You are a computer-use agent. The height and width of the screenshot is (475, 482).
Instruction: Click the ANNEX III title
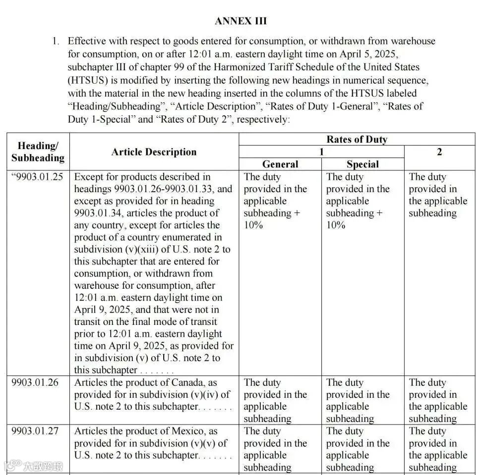(x=241, y=21)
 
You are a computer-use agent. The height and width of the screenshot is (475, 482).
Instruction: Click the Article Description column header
(x=154, y=152)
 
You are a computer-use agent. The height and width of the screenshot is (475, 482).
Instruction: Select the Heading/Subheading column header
(x=38, y=152)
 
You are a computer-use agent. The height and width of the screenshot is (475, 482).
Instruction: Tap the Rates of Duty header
(x=357, y=139)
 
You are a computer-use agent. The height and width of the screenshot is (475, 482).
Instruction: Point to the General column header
(x=280, y=164)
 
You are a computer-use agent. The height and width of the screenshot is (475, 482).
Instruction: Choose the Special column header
(x=362, y=164)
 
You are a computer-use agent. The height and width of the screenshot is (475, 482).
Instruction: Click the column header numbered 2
(x=439, y=152)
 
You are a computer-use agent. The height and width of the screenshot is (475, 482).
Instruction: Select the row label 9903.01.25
(x=38, y=177)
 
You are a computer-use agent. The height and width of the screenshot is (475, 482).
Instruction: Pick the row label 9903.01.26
(x=35, y=383)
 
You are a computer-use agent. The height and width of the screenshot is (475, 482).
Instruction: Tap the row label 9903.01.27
(x=35, y=431)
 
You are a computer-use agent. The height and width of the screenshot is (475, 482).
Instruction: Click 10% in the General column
(x=253, y=225)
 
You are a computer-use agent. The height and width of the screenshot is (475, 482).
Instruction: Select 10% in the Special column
(x=336, y=225)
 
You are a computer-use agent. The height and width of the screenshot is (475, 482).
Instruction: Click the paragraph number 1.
(x=56, y=41)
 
